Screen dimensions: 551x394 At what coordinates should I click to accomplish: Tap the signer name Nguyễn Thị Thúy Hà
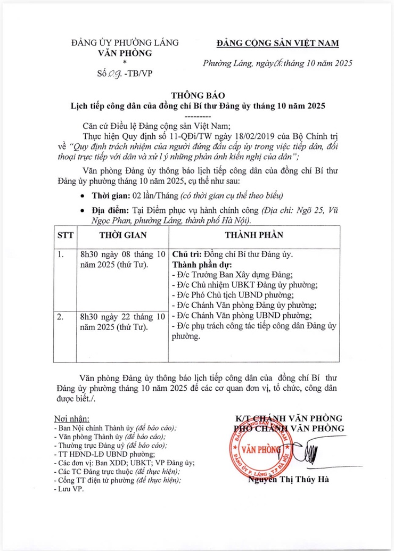click(288, 479)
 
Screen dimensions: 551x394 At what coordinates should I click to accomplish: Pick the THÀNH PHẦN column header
click(253, 235)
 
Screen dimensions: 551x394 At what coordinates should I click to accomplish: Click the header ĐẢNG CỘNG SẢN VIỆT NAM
click(279, 43)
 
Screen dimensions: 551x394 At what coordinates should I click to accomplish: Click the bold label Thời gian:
click(111, 194)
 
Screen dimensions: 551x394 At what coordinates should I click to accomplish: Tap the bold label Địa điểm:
click(112, 210)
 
